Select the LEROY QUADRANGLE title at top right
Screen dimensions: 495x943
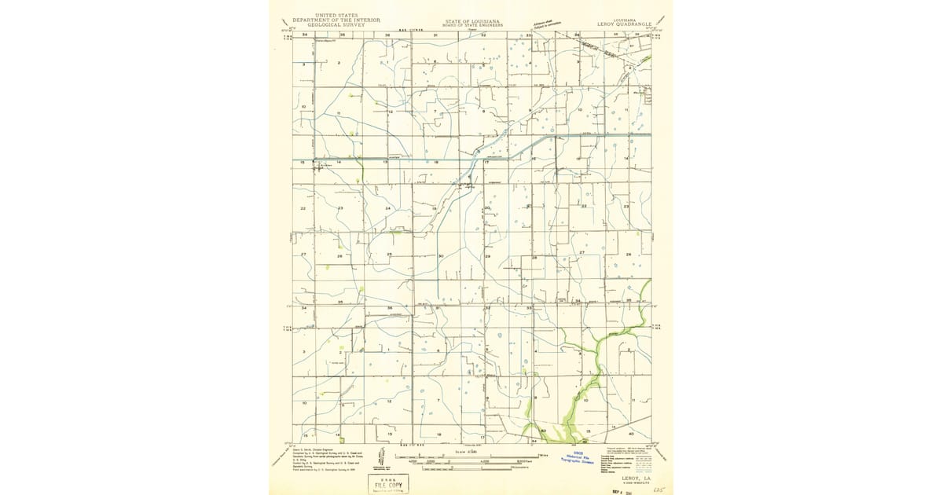click(x=625, y=23)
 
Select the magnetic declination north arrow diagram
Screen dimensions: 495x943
click(x=381, y=460)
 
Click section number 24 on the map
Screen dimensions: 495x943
click(x=387, y=208)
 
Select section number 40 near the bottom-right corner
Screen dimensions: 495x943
click(x=631, y=433)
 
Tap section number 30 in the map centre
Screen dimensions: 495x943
click(x=441, y=255)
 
